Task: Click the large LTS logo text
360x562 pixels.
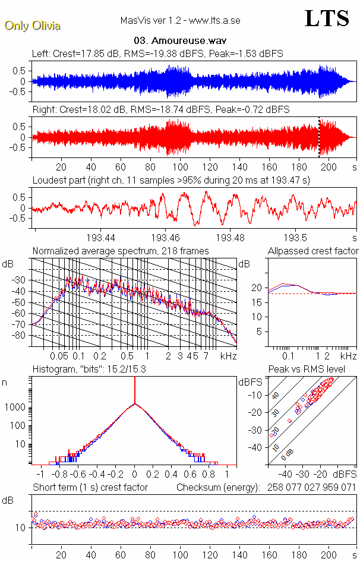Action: [x=326, y=18]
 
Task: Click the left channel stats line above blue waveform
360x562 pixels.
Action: [x=157, y=54]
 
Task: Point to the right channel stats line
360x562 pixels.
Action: [x=160, y=110]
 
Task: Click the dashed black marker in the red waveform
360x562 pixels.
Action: [x=319, y=137]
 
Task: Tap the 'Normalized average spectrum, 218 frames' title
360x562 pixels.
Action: [x=121, y=251]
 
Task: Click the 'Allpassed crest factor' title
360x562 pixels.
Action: [x=313, y=251]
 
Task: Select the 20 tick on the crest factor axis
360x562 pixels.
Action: [x=257, y=288]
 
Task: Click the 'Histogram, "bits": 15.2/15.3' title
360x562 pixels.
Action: [x=90, y=370]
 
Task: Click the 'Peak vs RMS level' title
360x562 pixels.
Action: [x=315, y=370]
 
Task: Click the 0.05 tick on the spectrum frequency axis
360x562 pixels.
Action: [x=59, y=355]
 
